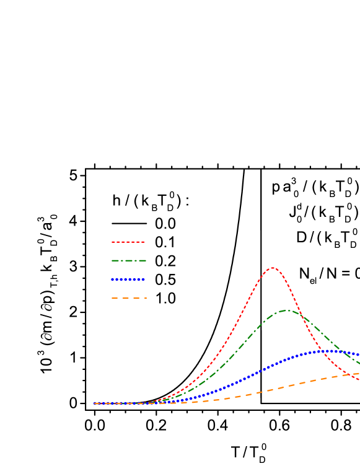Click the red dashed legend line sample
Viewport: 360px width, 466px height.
click(128, 242)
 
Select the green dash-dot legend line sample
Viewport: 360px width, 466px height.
click(128, 260)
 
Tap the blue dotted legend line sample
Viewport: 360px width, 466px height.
click(128, 279)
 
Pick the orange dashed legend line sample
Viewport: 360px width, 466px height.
click(128, 298)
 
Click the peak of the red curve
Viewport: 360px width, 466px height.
click(273, 268)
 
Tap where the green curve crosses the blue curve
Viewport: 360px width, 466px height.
click(351, 355)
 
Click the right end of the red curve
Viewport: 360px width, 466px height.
click(359, 379)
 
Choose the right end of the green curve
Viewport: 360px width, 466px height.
click(359, 363)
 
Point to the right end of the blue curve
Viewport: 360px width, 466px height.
click(359, 354)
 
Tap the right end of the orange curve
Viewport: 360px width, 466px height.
click(359, 373)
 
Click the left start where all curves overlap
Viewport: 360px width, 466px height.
click(94, 403)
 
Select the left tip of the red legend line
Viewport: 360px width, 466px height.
click(112, 242)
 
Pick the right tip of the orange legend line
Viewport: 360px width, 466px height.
click(146, 298)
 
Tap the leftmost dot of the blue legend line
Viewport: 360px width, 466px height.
click(113, 279)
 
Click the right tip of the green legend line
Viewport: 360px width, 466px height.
click(146, 260)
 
